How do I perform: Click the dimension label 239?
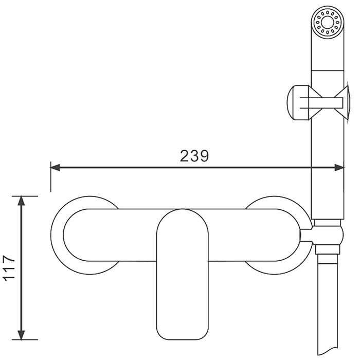click(194, 156)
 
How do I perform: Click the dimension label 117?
click(9, 267)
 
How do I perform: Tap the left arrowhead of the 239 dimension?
click(55, 168)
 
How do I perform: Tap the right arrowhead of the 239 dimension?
click(339, 168)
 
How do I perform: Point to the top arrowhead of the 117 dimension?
click(21, 201)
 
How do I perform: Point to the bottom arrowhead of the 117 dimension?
click(21, 334)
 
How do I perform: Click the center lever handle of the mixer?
click(183, 274)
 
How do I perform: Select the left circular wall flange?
click(57, 235)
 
